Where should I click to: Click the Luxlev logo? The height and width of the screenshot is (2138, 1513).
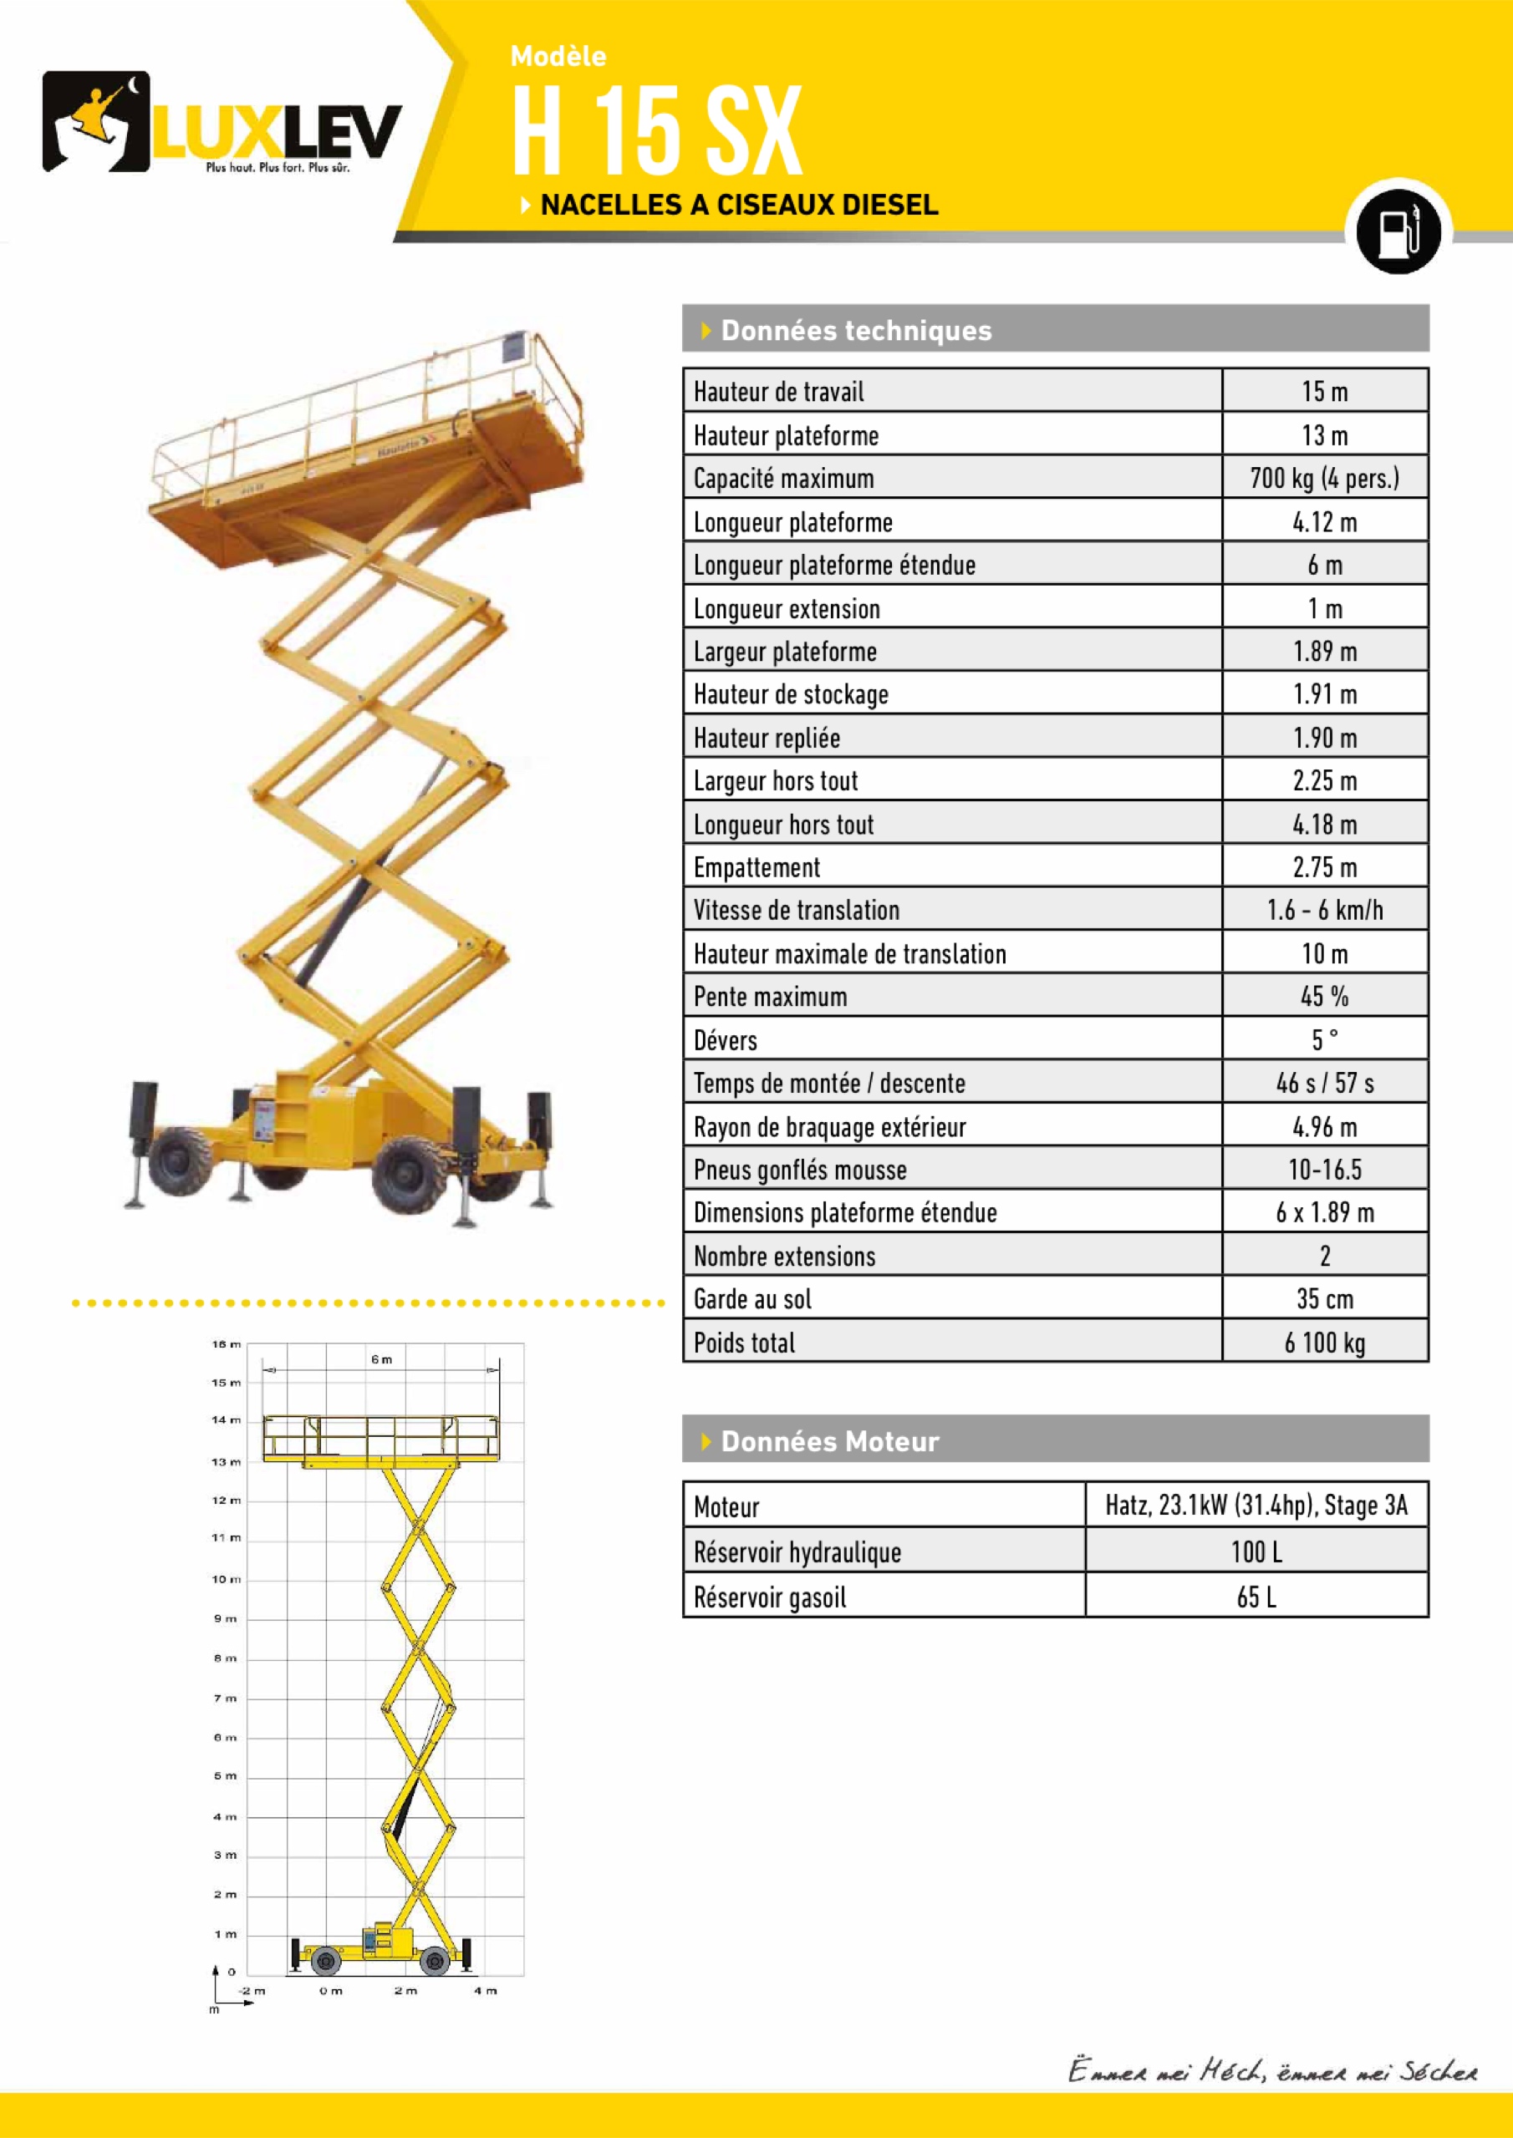222,122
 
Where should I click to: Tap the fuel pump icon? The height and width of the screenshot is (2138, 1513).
1398,229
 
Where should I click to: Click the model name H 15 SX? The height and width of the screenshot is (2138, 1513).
657,130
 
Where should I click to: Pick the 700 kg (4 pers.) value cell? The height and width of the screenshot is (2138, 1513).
1324,478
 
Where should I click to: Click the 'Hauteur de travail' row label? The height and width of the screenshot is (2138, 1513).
779,392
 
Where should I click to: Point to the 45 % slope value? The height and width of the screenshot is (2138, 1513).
1324,997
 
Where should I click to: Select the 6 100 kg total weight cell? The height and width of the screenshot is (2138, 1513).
1324,1342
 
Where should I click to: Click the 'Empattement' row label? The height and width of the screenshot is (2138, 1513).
756,867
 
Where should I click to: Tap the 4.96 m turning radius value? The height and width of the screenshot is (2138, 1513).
1324,1127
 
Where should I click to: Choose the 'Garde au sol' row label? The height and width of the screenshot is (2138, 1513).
753,1299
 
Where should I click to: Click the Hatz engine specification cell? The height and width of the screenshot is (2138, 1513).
1256,1505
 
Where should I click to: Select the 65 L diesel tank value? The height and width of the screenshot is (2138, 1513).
1256,1597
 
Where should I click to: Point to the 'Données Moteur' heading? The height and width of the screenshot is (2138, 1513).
829,1441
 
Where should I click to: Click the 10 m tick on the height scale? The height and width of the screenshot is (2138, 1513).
227,1579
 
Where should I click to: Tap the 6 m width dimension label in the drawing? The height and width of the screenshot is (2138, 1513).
382,1359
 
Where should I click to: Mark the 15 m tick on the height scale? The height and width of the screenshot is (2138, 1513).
227,1383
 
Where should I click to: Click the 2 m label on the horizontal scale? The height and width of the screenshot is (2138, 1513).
405,1991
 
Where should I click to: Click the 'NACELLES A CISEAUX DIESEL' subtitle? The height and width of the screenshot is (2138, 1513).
739,205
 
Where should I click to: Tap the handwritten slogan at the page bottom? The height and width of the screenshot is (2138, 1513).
1271,2071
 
